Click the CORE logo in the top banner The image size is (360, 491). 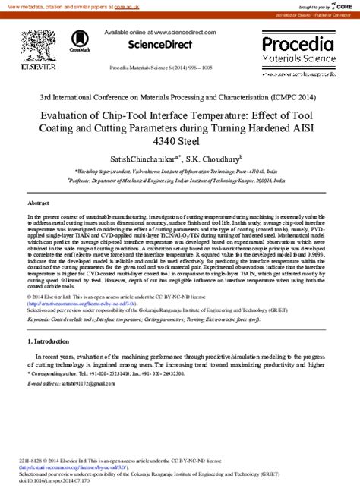pyautogui.click(x=340, y=5)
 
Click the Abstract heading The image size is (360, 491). pyautogui.click(x=38, y=204)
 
